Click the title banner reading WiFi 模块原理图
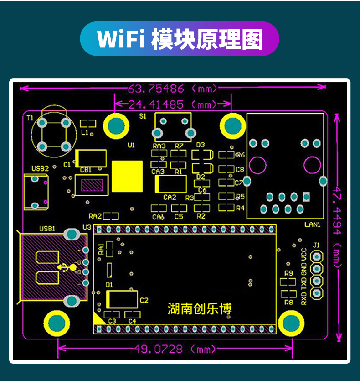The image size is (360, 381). tap(180, 39)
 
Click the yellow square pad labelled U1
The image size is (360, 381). tap(127, 177)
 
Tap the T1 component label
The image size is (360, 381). tap(30, 118)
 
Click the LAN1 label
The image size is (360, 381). tap(312, 224)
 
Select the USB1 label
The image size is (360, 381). tap(47, 229)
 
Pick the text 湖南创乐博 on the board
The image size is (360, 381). tap(200, 309)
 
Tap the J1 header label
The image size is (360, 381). tap(316, 245)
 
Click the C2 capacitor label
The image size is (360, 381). tap(144, 300)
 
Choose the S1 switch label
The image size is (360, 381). tap(143, 116)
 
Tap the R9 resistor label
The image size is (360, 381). tap(288, 273)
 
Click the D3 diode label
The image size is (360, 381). tap(201, 145)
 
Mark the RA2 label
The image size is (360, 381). tap(95, 216)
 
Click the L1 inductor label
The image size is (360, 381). tap(84, 132)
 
